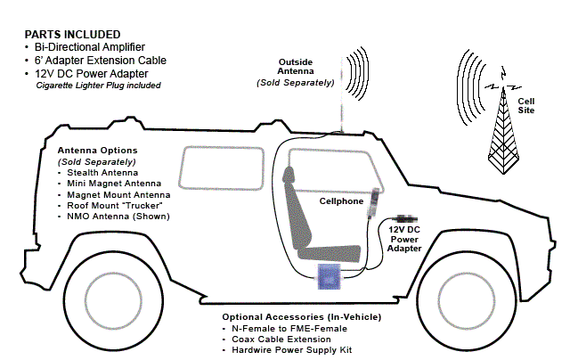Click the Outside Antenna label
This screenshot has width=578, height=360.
pyautogui.click(x=295, y=70)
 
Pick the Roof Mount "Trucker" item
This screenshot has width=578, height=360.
pyautogui.click(x=119, y=206)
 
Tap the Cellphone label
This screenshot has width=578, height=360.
pyautogui.click(x=345, y=201)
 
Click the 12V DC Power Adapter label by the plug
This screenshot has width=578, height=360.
pyautogui.click(x=403, y=239)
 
